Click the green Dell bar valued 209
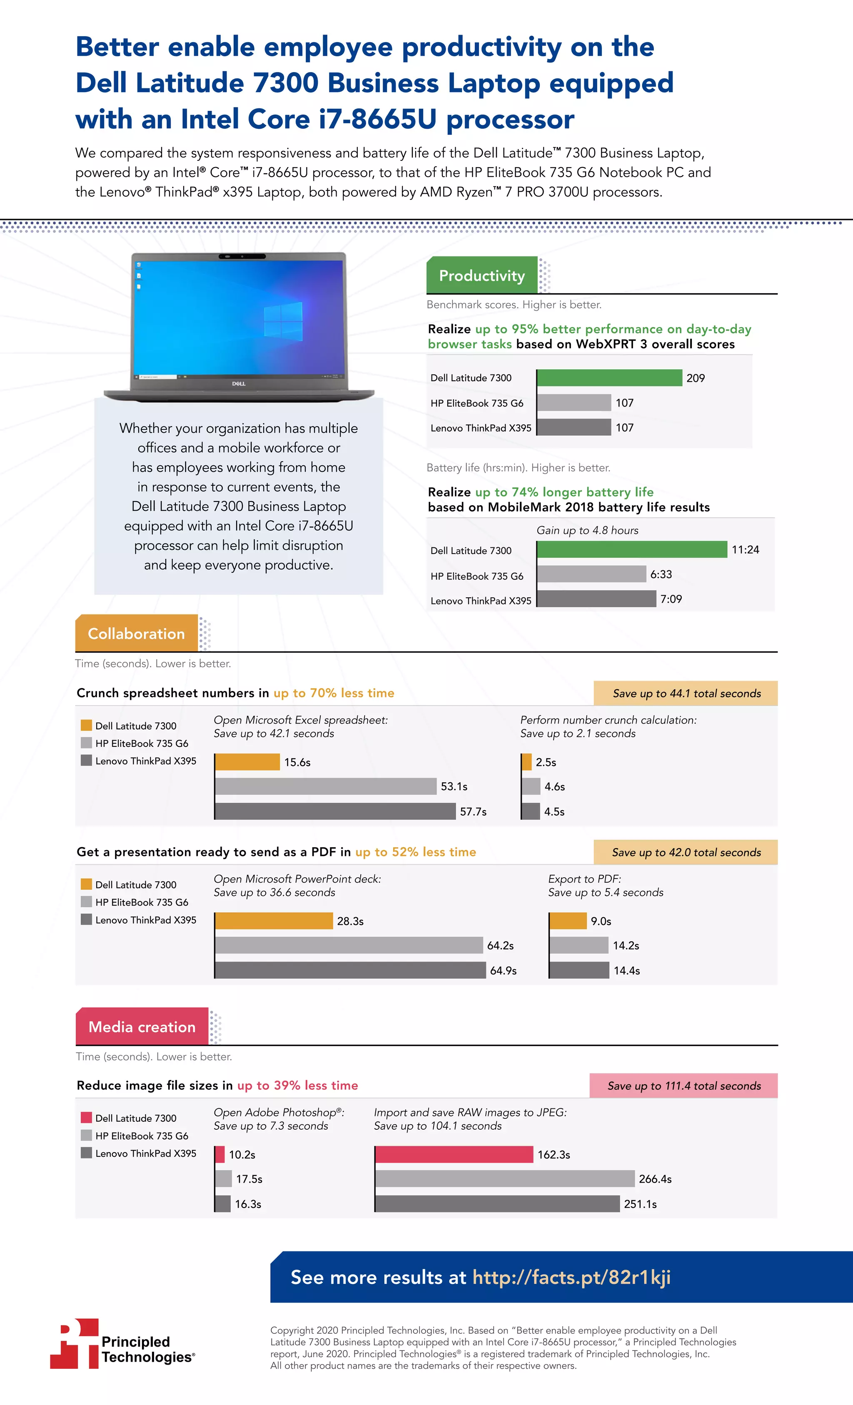point(609,377)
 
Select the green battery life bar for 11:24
point(632,550)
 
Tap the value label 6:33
point(661,574)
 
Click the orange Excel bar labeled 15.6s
point(247,762)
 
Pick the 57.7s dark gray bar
point(335,811)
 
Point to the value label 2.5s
point(546,762)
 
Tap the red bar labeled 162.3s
point(454,1154)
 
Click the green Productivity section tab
point(482,275)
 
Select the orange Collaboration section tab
point(136,634)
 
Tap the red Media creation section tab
point(142,1026)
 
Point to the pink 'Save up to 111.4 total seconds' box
point(683,1086)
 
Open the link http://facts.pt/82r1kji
point(571,1277)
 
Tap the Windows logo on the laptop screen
point(283,322)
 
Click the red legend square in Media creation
point(86,1118)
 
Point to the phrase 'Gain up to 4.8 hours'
point(587,530)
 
